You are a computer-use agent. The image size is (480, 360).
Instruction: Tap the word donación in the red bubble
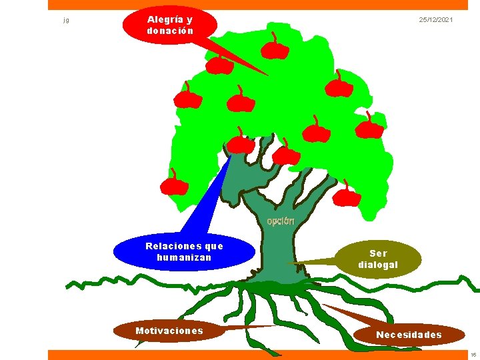(x=170, y=31)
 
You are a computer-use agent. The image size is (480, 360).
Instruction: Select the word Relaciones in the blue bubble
(x=173, y=246)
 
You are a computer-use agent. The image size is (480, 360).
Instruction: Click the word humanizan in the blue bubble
(x=184, y=257)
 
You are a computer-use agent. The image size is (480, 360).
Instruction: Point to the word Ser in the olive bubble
(x=379, y=253)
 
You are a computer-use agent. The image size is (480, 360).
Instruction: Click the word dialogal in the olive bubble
(x=378, y=265)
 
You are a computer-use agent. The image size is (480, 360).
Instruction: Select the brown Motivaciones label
(x=169, y=331)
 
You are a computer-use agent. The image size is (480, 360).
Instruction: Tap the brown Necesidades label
(x=409, y=335)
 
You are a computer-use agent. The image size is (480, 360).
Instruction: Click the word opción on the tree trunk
(x=281, y=221)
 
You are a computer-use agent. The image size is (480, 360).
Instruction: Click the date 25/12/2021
(x=436, y=19)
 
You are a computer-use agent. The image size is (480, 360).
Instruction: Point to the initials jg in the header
(x=66, y=21)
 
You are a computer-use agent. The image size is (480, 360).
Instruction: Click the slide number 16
(x=473, y=355)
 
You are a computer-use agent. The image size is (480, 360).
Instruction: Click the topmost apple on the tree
(x=275, y=49)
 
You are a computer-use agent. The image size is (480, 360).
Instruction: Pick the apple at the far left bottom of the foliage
(x=174, y=185)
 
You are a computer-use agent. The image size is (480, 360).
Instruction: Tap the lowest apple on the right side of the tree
(x=347, y=196)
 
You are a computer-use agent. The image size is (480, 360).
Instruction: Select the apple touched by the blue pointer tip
(x=241, y=143)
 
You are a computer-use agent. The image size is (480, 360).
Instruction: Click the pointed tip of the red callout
(x=268, y=75)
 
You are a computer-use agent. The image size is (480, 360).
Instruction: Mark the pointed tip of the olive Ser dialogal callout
(x=289, y=263)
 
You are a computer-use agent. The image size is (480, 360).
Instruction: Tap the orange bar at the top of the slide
(x=258, y=5)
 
